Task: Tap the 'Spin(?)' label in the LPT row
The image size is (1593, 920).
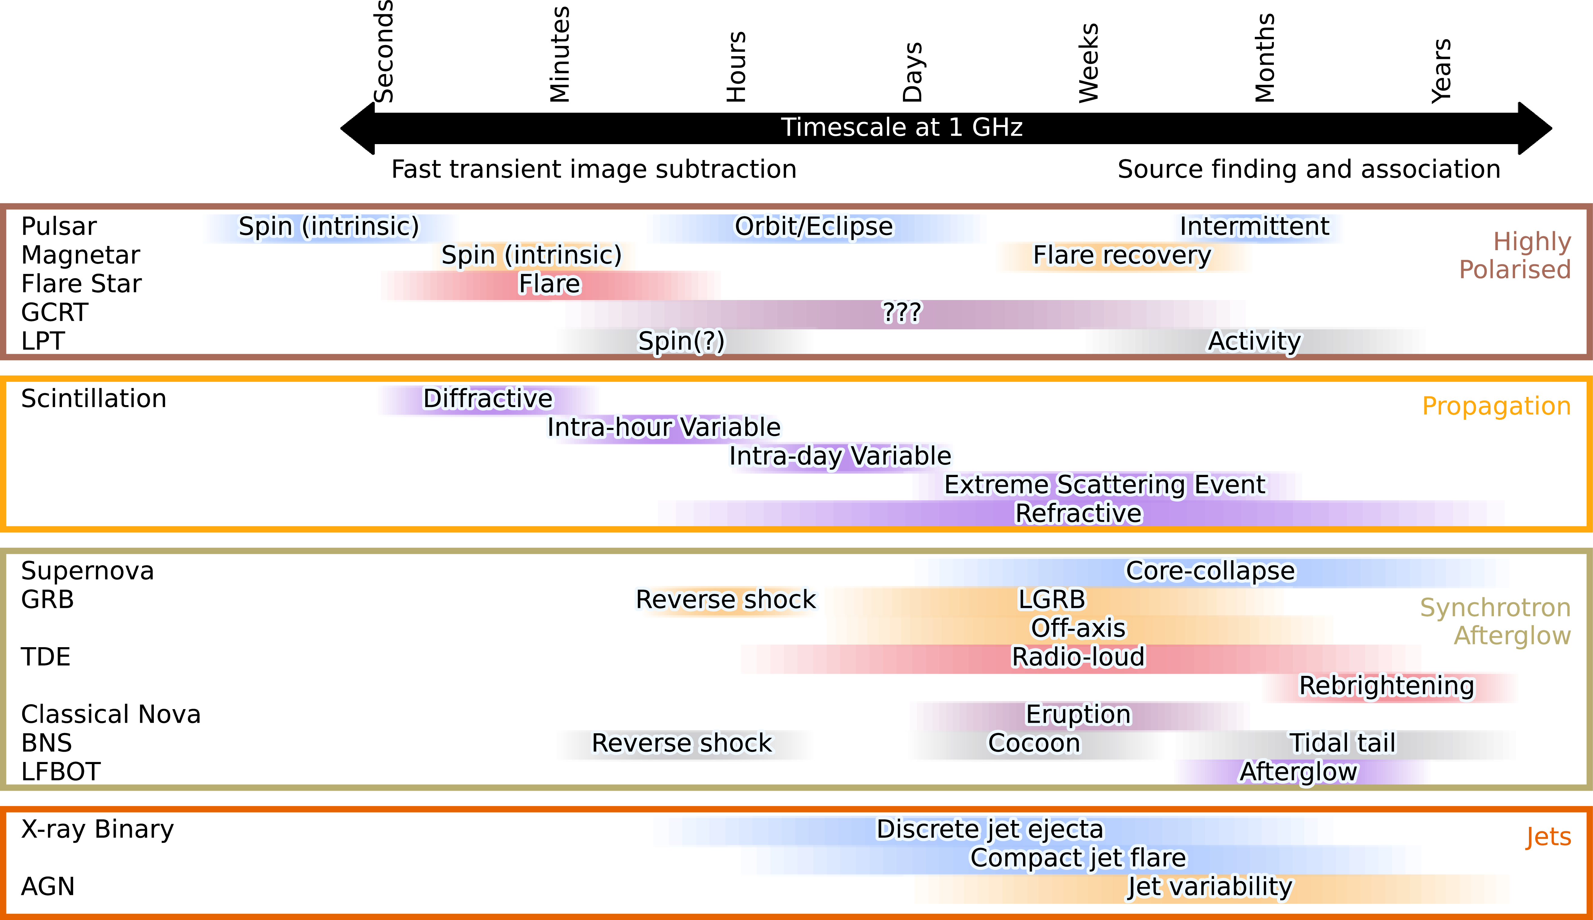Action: (x=681, y=341)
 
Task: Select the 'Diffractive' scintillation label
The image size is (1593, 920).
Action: (x=487, y=399)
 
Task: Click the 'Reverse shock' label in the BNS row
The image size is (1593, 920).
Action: (x=681, y=743)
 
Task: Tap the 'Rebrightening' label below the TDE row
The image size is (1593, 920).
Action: (x=1386, y=686)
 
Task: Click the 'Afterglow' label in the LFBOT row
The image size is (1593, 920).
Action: (x=1298, y=772)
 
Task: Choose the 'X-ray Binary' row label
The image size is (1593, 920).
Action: (x=97, y=829)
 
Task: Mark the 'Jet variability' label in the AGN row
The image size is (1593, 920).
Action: (x=1210, y=886)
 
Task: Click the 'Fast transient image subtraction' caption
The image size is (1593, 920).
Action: (x=594, y=169)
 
